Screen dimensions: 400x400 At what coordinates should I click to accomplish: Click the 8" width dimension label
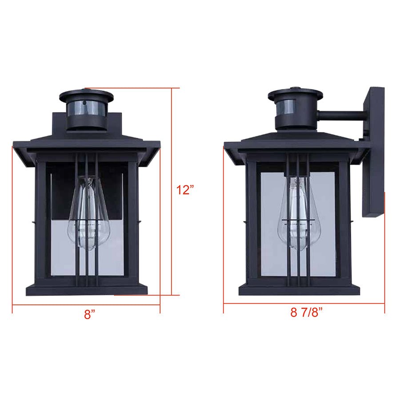point(90,315)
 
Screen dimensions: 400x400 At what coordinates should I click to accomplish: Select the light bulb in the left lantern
point(88,213)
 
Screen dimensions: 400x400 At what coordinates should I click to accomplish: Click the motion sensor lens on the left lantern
point(86,109)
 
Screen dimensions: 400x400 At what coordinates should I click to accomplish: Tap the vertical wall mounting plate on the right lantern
point(373,151)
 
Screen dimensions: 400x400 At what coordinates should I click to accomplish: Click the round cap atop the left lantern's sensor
point(86,95)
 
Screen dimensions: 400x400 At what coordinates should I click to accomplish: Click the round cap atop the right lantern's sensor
point(296,94)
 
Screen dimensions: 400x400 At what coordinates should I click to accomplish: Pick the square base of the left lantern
point(87,289)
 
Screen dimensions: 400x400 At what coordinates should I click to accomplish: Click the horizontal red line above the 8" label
point(86,305)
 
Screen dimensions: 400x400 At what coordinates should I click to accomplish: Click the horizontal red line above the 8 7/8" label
point(304,304)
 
